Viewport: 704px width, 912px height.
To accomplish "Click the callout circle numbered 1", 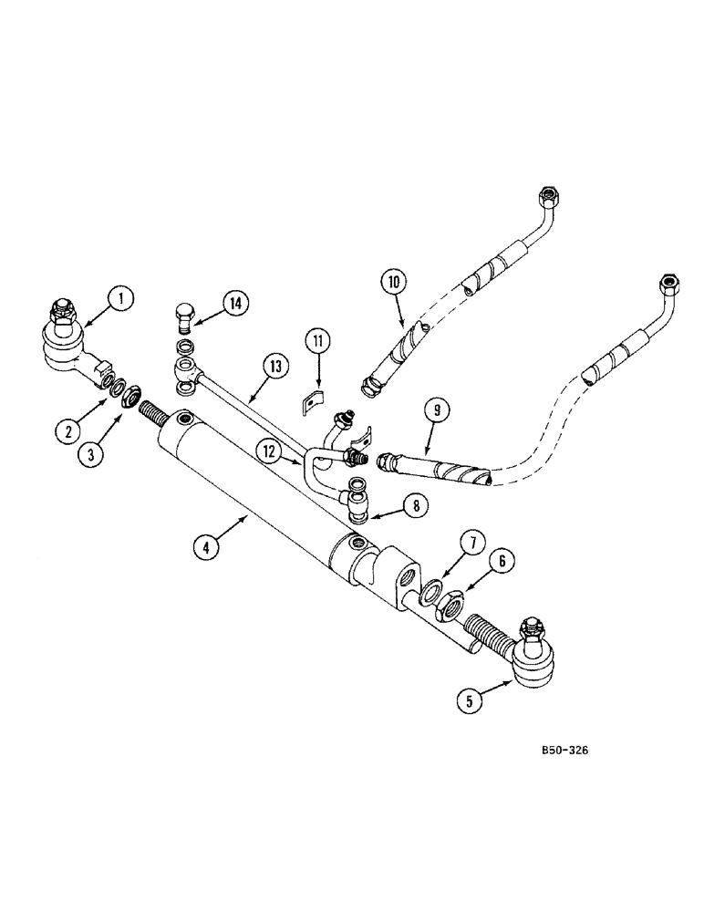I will pos(121,297).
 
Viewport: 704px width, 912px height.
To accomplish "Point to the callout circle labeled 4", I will pos(207,548).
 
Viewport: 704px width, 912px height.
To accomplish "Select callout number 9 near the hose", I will pos(436,411).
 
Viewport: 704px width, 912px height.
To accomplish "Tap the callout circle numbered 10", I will pos(395,283).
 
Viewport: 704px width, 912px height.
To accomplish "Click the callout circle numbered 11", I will pos(317,342).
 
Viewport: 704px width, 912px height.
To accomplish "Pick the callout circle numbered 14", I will pos(235,303).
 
